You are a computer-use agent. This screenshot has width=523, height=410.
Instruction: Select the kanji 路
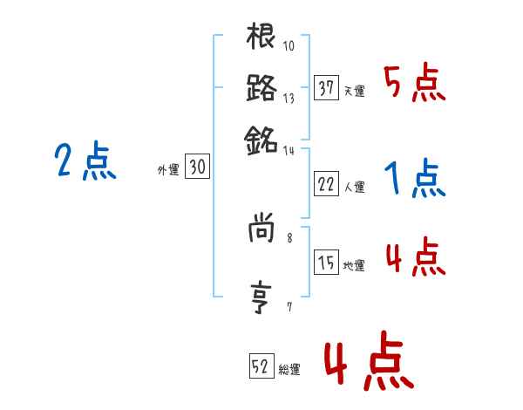coord(261,88)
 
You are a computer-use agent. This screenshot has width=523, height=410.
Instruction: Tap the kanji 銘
coord(261,139)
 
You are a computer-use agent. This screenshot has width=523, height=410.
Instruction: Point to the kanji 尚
coord(261,229)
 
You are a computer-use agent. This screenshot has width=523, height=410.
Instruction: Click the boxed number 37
coord(326,88)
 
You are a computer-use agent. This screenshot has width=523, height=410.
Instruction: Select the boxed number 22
coord(326,183)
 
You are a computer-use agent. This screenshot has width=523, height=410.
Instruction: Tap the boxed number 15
coord(326,263)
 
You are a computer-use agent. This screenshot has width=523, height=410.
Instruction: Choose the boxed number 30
coord(197,167)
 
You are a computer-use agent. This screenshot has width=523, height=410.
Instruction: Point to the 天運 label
coord(354,91)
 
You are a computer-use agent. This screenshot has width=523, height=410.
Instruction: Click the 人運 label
coord(354,186)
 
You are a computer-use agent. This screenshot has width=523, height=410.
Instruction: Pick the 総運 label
coord(289,369)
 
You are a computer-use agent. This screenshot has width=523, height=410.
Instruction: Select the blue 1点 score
coord(413,179)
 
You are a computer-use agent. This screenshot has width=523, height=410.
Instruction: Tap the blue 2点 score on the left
coord(85,161)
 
